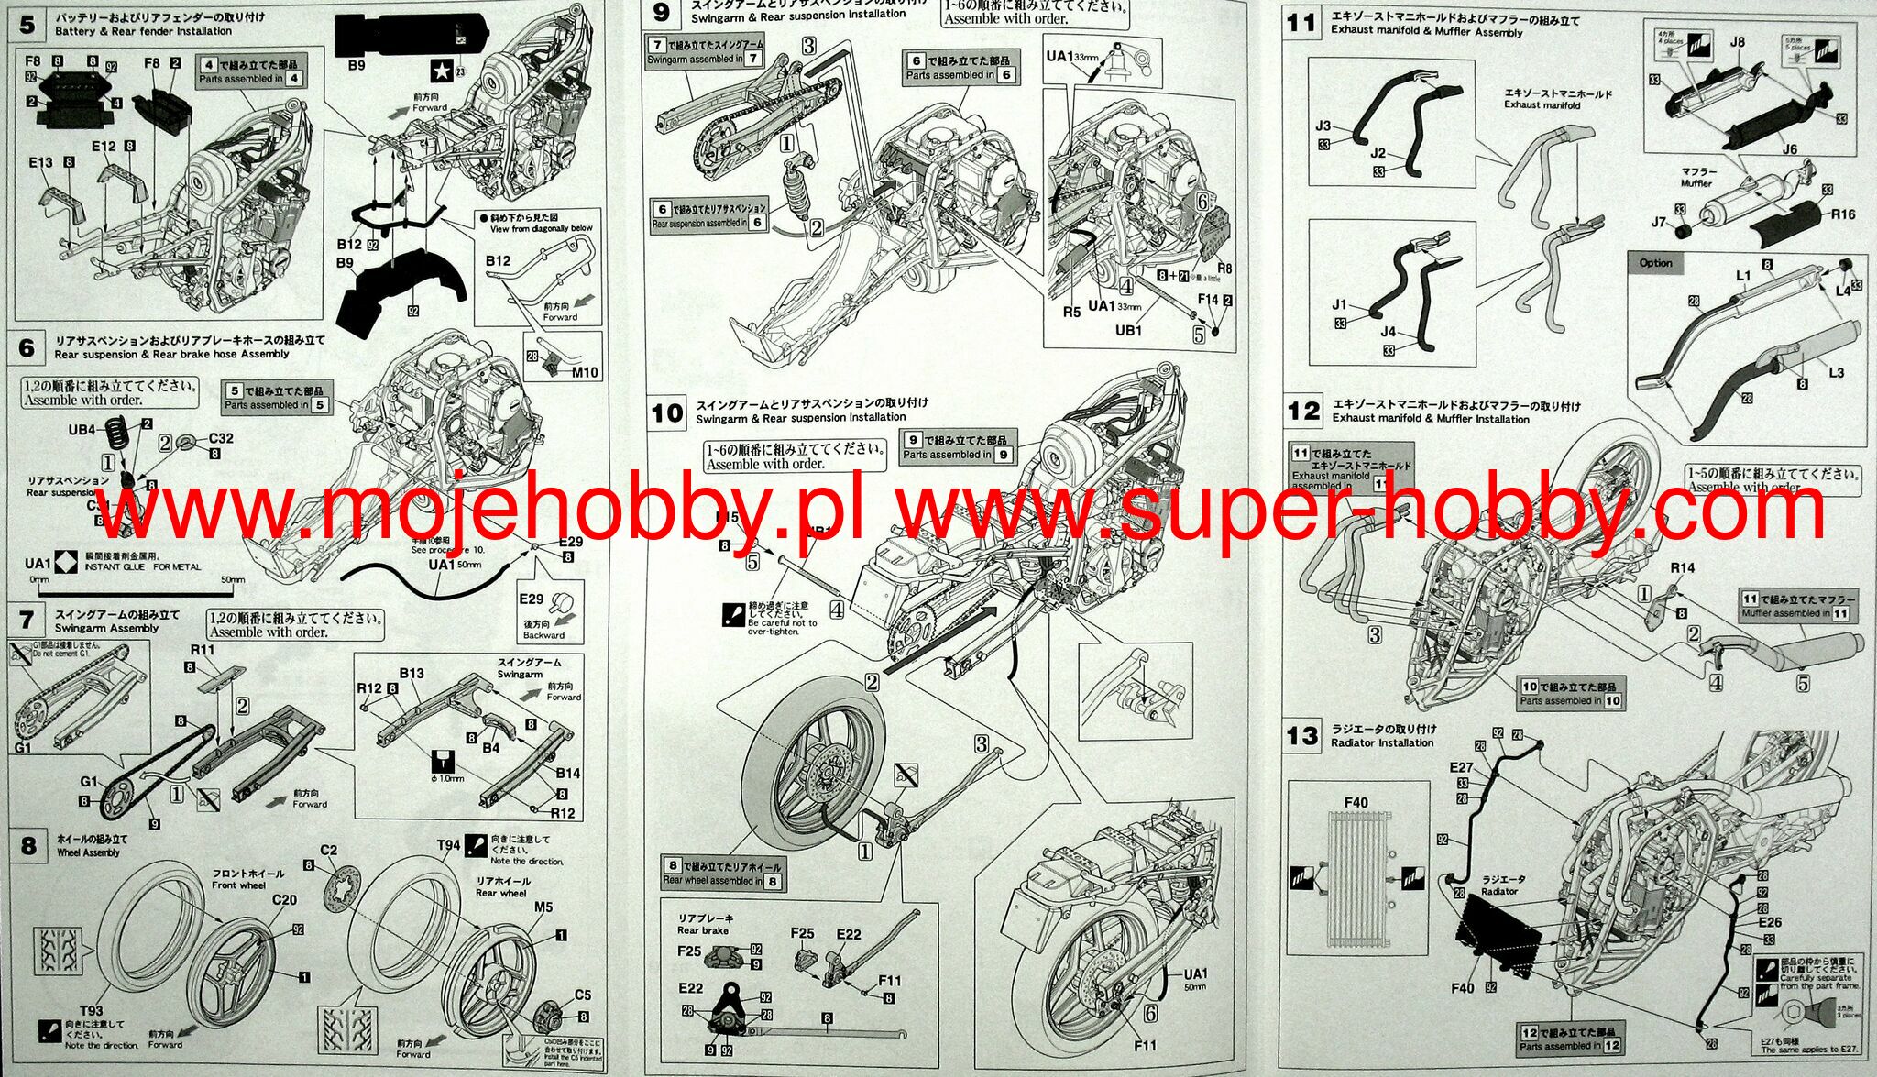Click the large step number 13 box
pyautogui.click(x=1301, y=736)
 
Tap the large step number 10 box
pyautogui.click(x=666, y=412)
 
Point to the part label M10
pyautogui.click(x=584, y=372)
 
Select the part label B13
pyautogui.click(x=412, y=674)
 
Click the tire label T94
pyautogui.click(x=448, y=845)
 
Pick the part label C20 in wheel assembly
pyautogui.click(x=284, y=900)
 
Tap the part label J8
pyautogui.click(x=1737, y=42)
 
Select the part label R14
pyautogui.click(x=1682, y=568)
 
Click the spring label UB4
pyautogui.click(x=82, y=429)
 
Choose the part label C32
pyautogui.click(x=220, y=438)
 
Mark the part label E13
pyautogui.click(x=40, y=162)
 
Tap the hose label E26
pyautogui.click(x=1770, y=922)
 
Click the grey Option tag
pyautogui.click(x=1655, y=263)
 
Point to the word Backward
pyautogui.click(x=543, y=635)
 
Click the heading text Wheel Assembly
pyautogui.click(x=88, y=852)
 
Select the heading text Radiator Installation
pyautogui.click(x=1382, y=742)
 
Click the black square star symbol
pyautogui.click(x=441, y=71)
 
